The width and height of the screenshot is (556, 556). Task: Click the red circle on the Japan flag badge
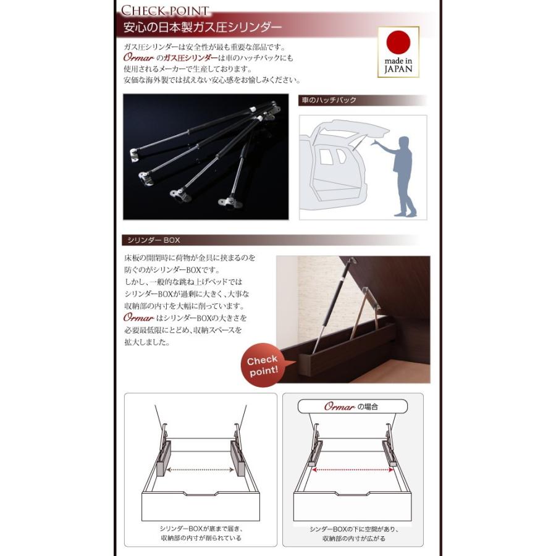(398, 42)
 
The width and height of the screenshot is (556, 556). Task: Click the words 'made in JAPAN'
(398, 65)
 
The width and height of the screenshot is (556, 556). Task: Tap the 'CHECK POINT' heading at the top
(165, 11)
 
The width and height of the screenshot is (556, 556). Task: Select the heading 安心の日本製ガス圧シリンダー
(203, 27)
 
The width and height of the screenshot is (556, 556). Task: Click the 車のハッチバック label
(329, 100)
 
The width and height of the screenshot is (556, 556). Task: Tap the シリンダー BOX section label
(154, 240)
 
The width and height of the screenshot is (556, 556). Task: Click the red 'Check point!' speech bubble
(263, 365)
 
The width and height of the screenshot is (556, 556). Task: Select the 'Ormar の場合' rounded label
(353, 406)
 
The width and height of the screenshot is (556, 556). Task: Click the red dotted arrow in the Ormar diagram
(353, 470)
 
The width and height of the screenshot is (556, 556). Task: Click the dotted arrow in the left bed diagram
(200, 470)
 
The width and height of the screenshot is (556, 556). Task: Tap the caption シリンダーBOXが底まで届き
(201, 529)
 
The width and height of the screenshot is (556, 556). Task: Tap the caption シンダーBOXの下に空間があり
(354, 529)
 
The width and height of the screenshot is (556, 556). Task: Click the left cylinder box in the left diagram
(164, 458)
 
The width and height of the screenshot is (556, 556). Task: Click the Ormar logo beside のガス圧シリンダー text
(138, 57)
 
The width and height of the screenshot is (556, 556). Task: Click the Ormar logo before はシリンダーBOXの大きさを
(138, 318)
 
